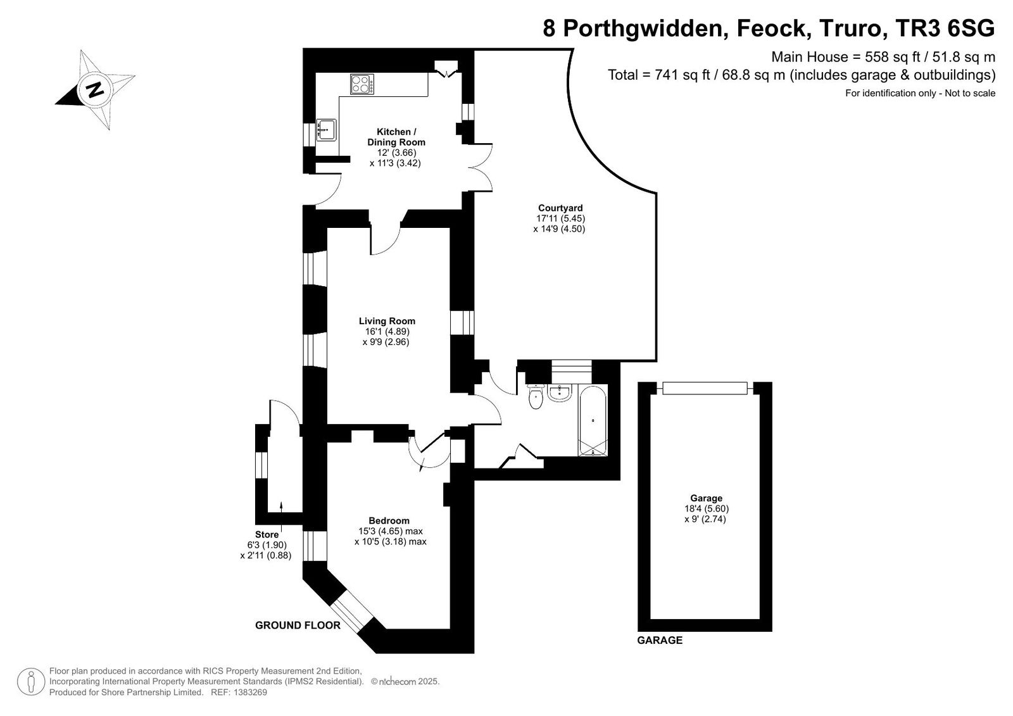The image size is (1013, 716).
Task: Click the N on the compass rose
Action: pyautogui.click(x=95, y=89)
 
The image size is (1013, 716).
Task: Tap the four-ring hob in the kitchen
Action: pyautogui.click(x=362, y=84)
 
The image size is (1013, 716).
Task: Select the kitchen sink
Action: pyautogui.click(x=326, y=130)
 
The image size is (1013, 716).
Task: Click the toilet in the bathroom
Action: pyautogui.click(x=536, y=397)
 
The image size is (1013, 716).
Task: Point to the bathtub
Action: pyautogui.click(x=593, y=420)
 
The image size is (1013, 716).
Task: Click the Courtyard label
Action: pyautogui.click(x=560, y=208)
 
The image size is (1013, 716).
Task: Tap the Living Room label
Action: pyautogui.click(x=387, y=321)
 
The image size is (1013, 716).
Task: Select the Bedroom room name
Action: pyautogui.click(x=389, y=520)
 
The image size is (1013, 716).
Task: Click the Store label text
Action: pyautogui.click(x=267, y=534)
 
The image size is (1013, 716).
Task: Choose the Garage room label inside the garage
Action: pyautogui.click(x=706, y=498)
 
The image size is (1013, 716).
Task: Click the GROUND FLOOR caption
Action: pyautogui.click(x=298, y=625)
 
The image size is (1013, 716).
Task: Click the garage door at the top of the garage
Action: pyautogui.click(x=705, y=388)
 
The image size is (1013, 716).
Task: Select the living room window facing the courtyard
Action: pyautogui.click(x=462, y=322)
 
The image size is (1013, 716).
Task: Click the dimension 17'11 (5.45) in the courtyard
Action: pyautogui.click(x=561, y=218)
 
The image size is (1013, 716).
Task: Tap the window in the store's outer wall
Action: pyautogui.click(x=261, y=465)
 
